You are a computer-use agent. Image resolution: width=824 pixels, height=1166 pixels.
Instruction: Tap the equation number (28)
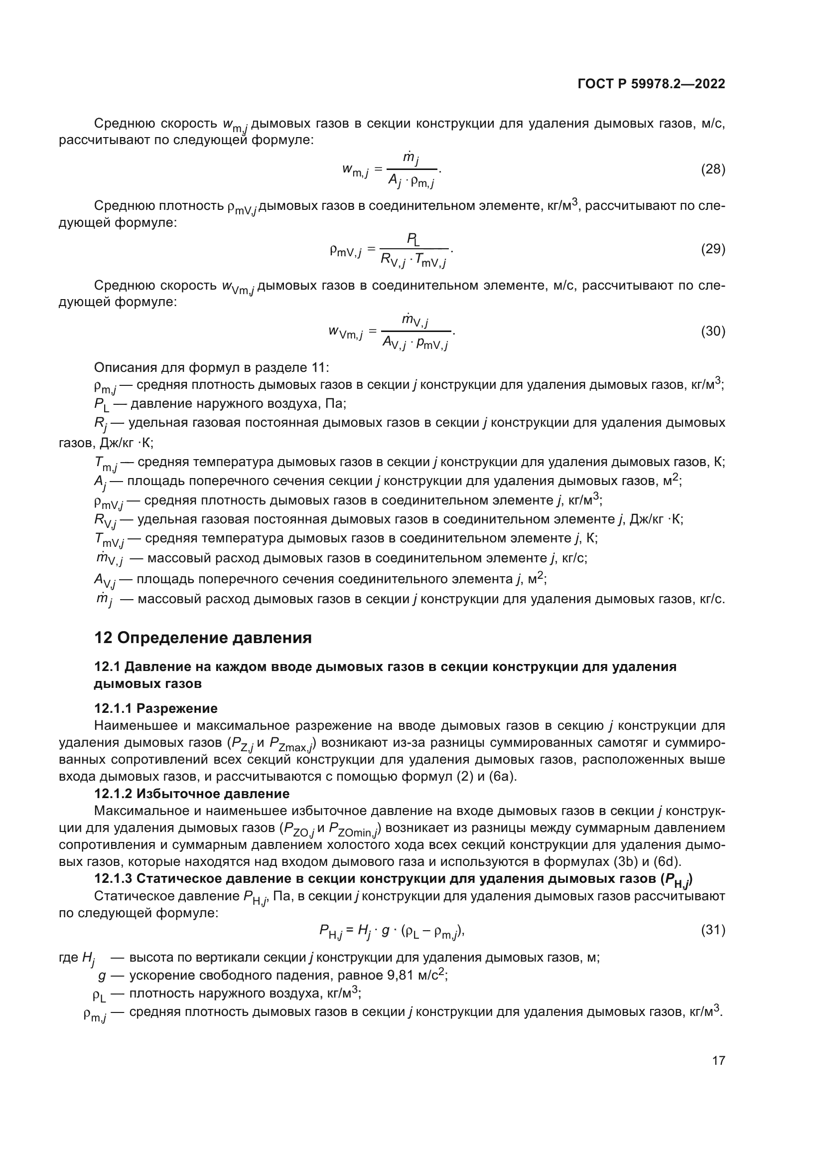(713, 169)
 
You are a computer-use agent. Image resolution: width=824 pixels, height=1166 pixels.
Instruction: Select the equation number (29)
(713, 249)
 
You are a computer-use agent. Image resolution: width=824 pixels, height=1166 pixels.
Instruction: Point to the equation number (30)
(713, 331)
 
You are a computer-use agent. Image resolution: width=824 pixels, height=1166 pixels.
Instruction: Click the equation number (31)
(713, 930)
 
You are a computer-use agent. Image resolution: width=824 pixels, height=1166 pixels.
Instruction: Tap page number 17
(718, 1060)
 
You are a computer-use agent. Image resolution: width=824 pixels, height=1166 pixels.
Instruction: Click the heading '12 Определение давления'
(203, 638)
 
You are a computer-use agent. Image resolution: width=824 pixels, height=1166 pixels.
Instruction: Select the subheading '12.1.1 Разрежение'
(156, 708)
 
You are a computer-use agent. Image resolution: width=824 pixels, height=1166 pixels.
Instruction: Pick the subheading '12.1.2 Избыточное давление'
(192, 793)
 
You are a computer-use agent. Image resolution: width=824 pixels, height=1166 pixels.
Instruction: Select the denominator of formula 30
(415, 344)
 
